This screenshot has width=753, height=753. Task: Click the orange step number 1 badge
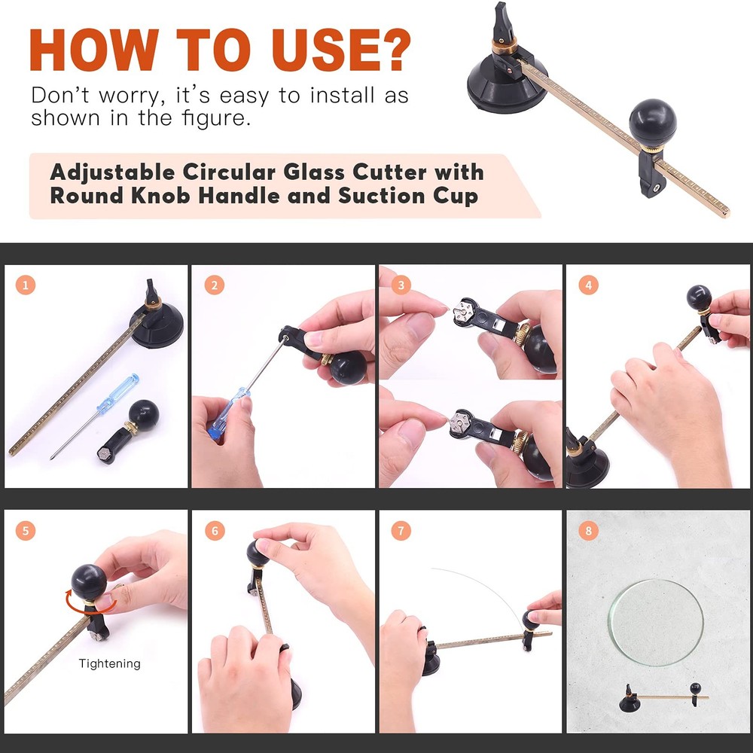[x=26, y=285]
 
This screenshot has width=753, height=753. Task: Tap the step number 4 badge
[x=588, y=285]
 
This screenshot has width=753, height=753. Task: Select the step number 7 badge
[x=401, y=531]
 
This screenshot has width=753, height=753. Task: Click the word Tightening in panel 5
[x=110, y=663]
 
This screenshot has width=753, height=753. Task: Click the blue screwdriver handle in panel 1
[x=109, y=391]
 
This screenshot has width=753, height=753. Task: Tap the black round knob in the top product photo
[x=653, y=121]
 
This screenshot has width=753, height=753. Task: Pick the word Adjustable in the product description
[x=103, y=172]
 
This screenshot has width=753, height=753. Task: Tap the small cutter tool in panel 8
[x=663, y=697]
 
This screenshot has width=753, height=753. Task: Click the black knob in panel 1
[x=142, y=413]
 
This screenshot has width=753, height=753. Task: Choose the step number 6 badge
[x=215, y=531]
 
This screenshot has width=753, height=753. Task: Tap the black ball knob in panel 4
[x=699, y=298]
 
